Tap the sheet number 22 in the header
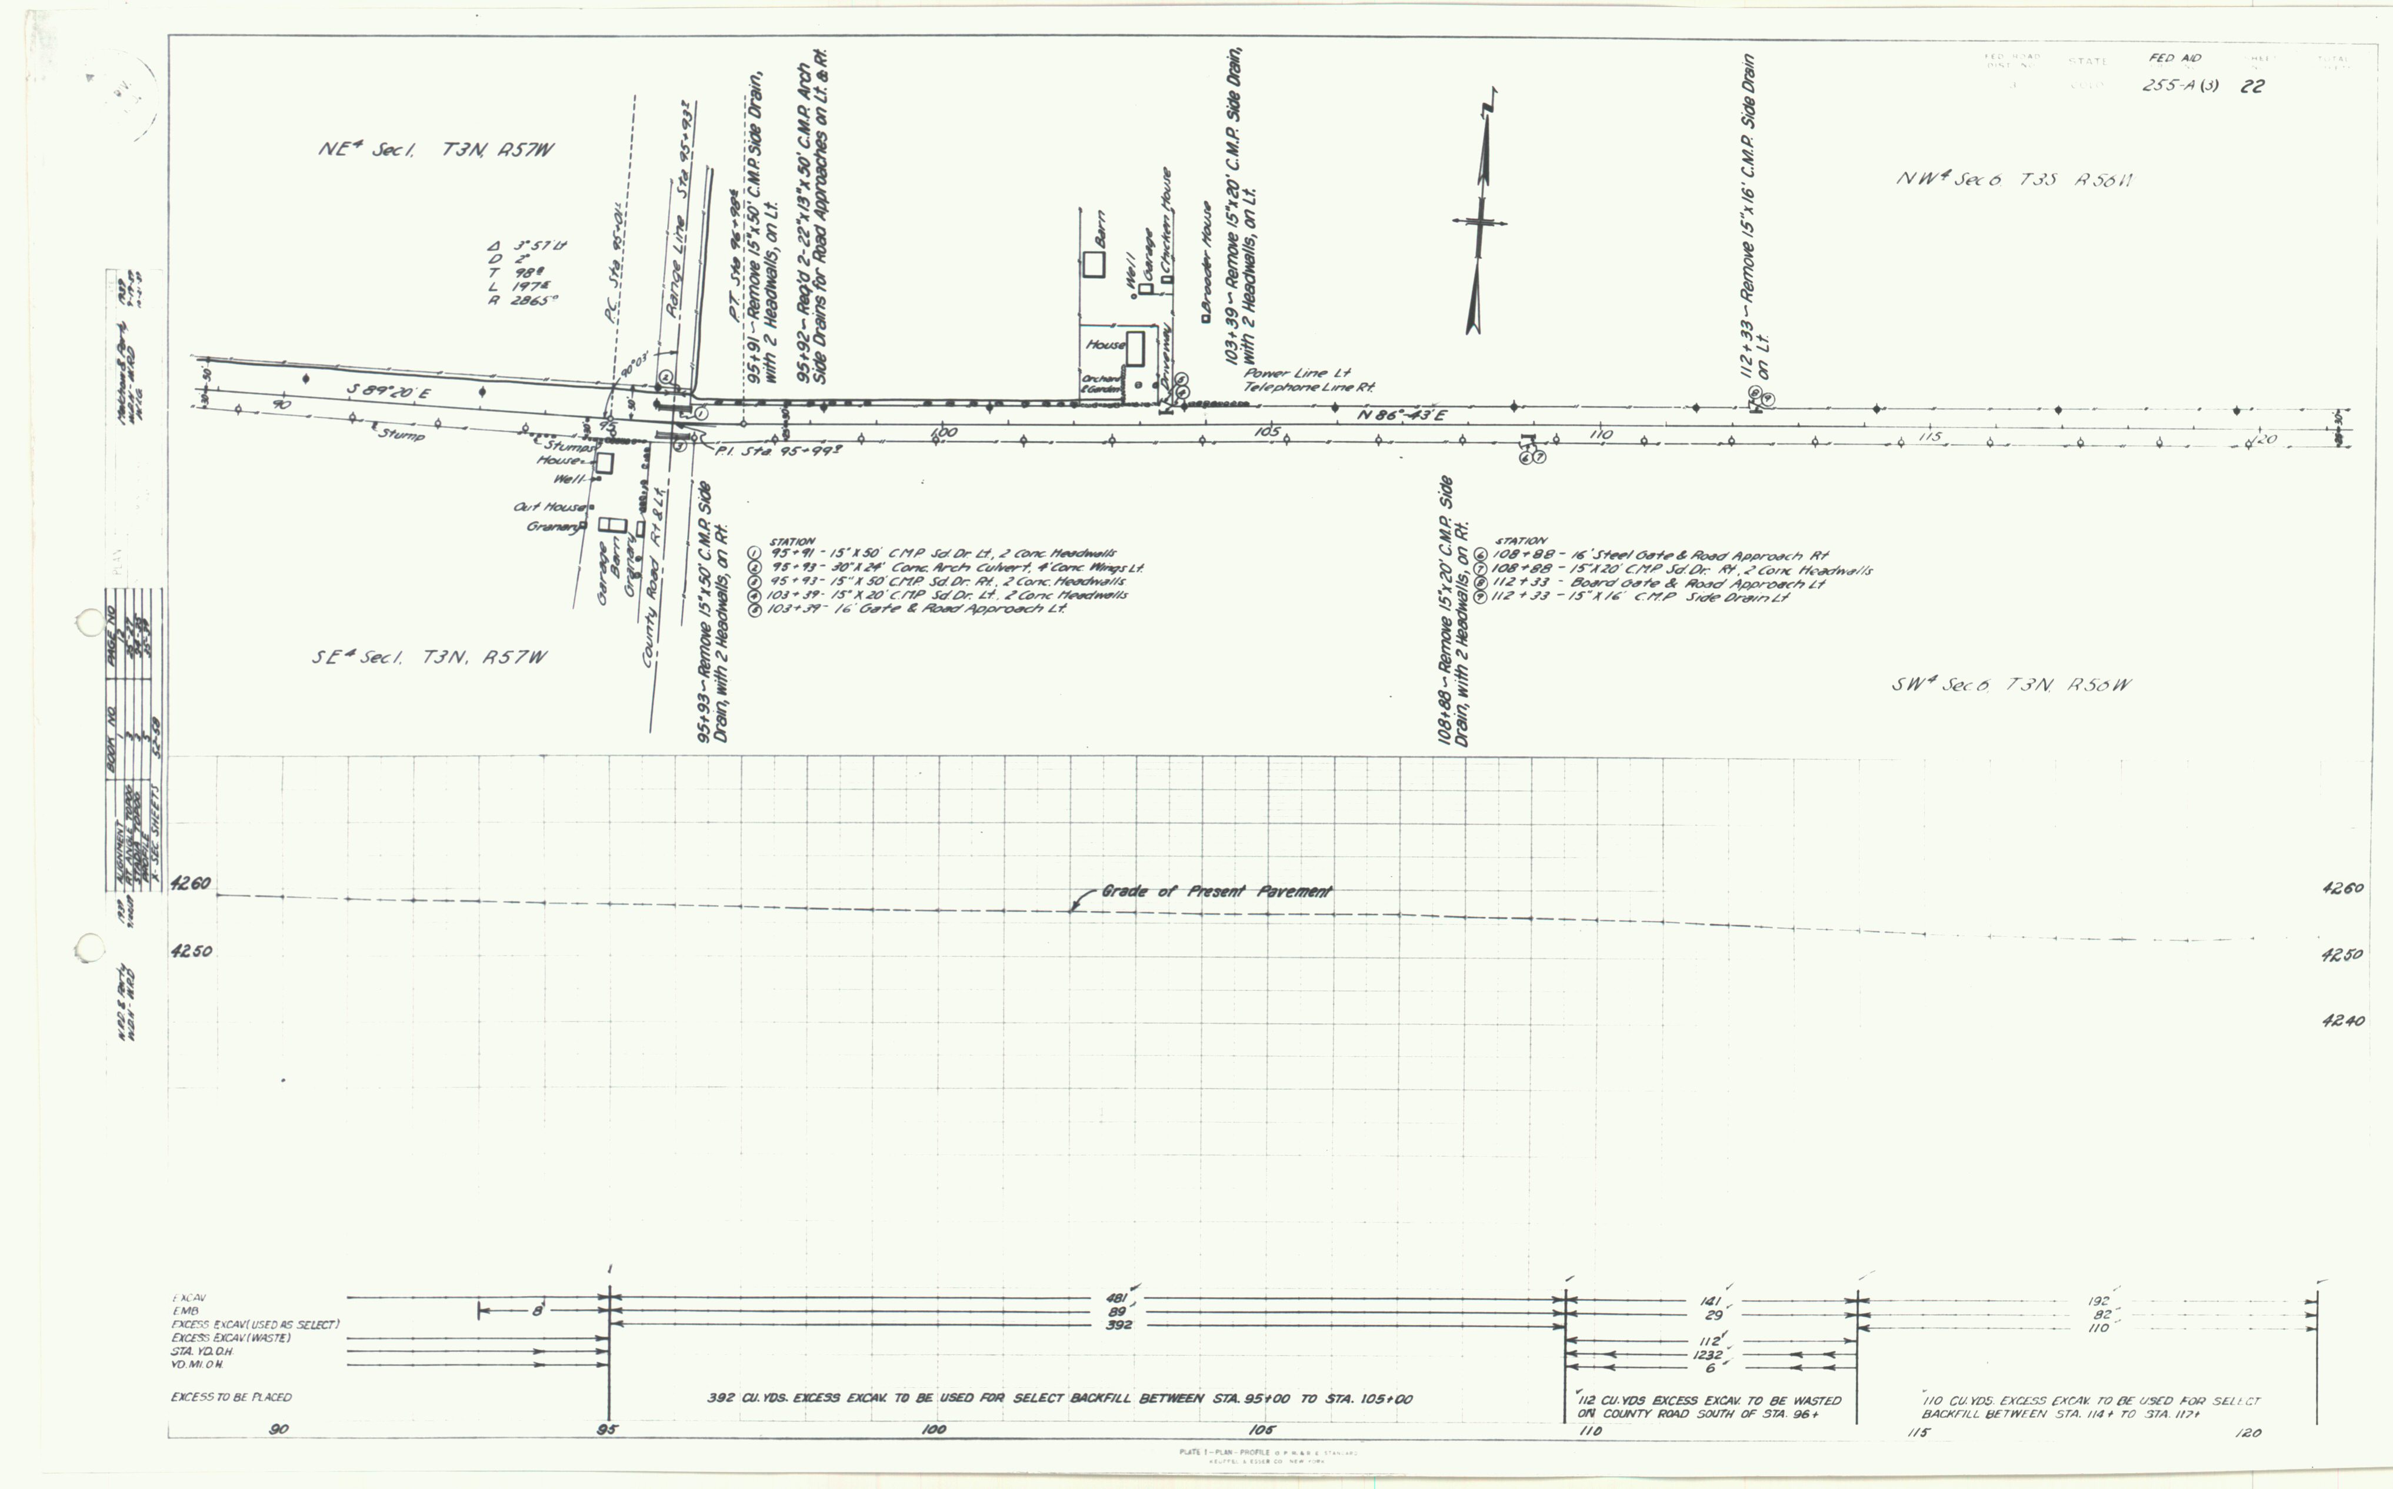[2252, 86]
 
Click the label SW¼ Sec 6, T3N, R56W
[2010, 685]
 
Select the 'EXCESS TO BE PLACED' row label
[231, 1397]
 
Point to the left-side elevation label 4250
[191, 952]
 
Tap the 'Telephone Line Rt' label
[1308, 387]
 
